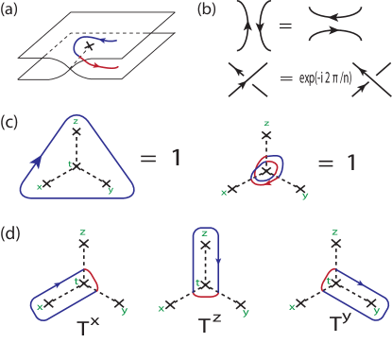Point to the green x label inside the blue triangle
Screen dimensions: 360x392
(x=40, y=186)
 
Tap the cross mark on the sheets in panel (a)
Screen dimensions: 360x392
(x=91, y=44)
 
